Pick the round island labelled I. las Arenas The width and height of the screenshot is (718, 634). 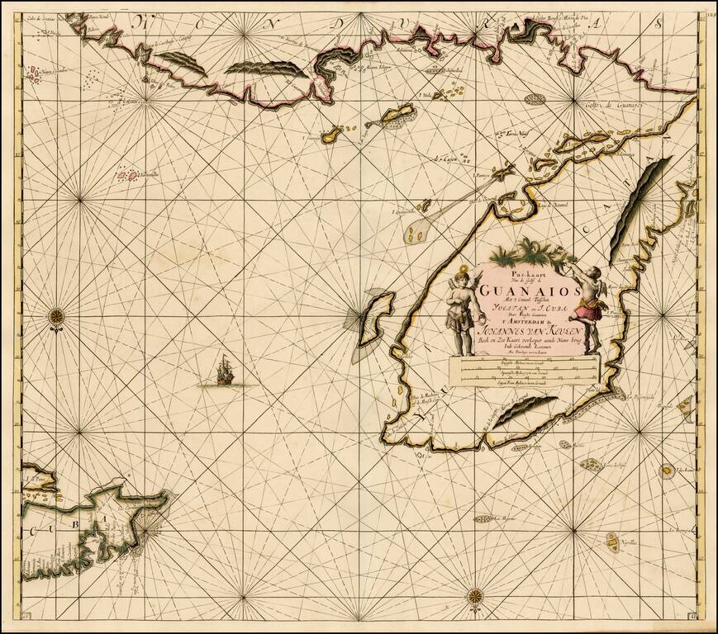666,471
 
